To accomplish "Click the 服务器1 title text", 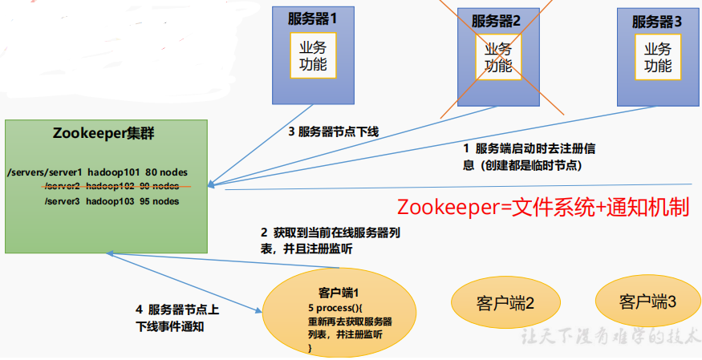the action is pyautogui.click(x=312, y=19).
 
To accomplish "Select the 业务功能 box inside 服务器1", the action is pyautogui.click(x=313, y=55).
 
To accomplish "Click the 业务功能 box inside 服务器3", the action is pyautogui.click(x=658, y=57).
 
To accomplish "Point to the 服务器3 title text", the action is pyautogui.click(x=657, y=22).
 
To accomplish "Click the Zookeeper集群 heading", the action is pyautogui.click(x=103, y=133).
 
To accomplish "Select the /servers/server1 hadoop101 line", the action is pyautogui.click(x=98, y=172).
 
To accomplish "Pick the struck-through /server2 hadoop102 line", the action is pyautogui.click(x=112, y=186).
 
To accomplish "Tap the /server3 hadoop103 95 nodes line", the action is pyautogui.click(x=112, y=201).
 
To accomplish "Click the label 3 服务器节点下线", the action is pyautogui.click(x=334, y=132).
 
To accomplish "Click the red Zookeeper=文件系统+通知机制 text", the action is pyautogui.click(x=543, y=208).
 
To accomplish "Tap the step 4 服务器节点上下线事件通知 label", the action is pyautogui.click(x=177, y=318).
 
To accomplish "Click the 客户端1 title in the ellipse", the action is pyautogui.click(x=339, y=293).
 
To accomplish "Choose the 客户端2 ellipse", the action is pyautogui.click(x=505, y=304).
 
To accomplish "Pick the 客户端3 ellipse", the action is pyautogui.click(x=647, y=303).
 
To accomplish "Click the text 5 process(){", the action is pyautogui.click(x=335, y=308).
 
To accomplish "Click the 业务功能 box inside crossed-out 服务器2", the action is pyautogui.click(x=498, y=57).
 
